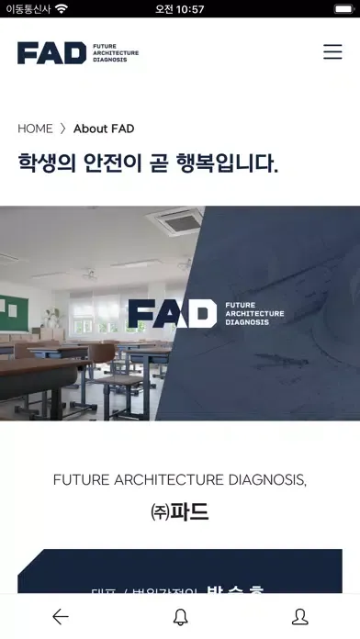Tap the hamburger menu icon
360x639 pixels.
pyautogui.click(x=332, y=52)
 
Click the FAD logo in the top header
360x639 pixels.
pyautogui.click(x=52, y=53)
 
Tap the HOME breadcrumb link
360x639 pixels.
pyautogui.click(x=35, y=129)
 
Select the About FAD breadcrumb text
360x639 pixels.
pyautogui.click(x=104, y=129)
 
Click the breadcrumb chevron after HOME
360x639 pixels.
pyautogui.click(x=63, y=129)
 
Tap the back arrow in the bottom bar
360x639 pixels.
pyautogui.click(x=61, y=617)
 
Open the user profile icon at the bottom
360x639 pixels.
pyautogui.click(x=299, y=617)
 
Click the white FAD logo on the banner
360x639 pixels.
pyautogui.click(x=172, y=314)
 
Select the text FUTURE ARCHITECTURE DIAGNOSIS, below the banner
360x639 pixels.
pyautogui.click(x=180, y=479)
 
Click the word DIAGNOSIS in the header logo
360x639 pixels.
pyautogui.click(x=109, y=60)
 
